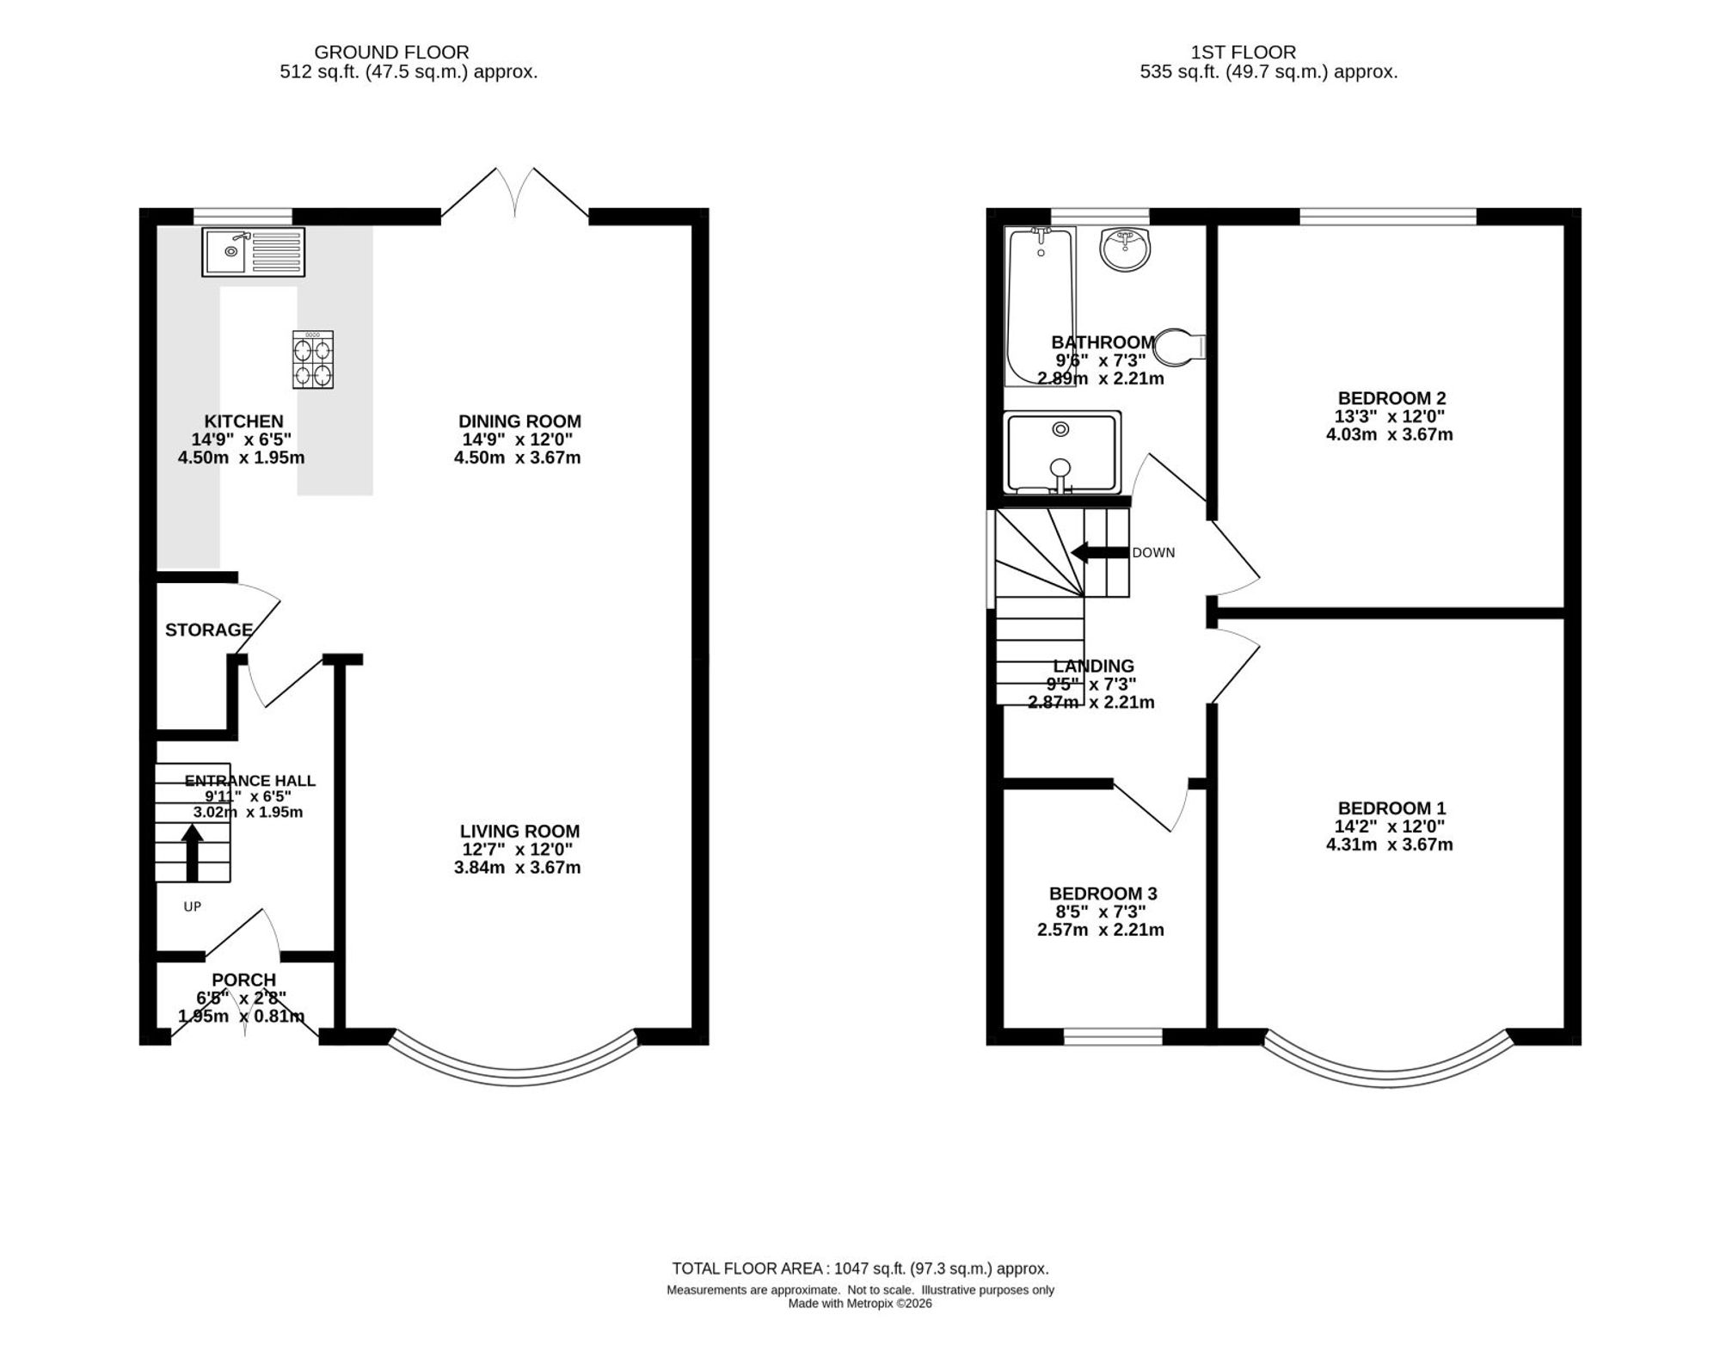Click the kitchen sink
(x=254, y=252)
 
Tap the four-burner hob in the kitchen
(x=313, y=360)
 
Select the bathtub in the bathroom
(x=1040, y=306)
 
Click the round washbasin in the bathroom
(x=1125, y=249)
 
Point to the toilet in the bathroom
(x=1179, y=347)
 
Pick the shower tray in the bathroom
(x=1062, y=453)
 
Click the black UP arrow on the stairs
(x=192, y=852)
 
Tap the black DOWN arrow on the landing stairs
(x=1099, y=553)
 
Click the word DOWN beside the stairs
(x=1153, y=553)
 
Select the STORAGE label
(x=209, y=630)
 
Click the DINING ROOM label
(x=519, y=421)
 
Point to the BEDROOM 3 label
(x=1103, y=894)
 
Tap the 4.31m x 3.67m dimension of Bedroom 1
(x=1389, y=845)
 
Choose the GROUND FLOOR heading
(x=391, y=52)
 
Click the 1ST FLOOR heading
(x=1243, y=52)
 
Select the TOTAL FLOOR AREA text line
(x=860, y=1269)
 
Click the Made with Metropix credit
(x=860, y=1303)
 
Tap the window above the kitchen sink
(x=243, y=216)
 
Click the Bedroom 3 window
(x=1113, y=1036)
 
